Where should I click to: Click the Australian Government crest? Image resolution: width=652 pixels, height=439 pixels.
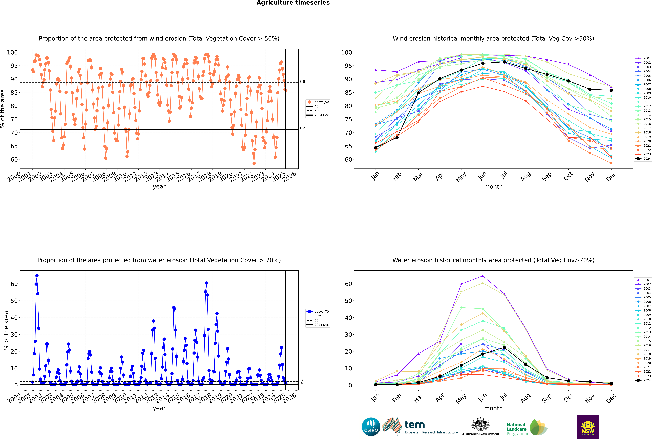pos(480,427)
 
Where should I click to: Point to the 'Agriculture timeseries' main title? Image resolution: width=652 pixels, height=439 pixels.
pos(293,3)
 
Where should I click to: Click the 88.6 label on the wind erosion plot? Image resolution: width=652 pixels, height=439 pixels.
pos(301,82)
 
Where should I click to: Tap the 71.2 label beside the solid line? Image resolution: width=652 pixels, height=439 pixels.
pos(301,128)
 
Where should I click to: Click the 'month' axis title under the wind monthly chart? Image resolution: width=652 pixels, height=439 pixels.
pos(493,187)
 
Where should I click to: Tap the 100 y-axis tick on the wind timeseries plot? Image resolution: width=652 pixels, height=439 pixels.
pos(12,52)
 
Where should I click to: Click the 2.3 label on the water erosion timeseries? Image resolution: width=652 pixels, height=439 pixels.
pos(300,380)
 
